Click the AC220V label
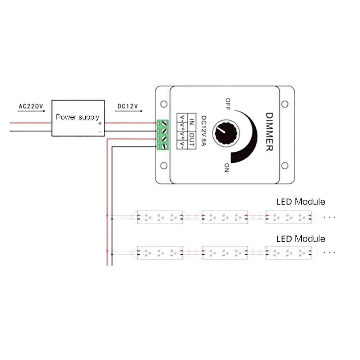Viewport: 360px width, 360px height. (x=31, y=106)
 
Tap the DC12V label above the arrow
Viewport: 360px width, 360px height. (x=128, y=106)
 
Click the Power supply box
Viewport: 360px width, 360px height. (x=78, y=118)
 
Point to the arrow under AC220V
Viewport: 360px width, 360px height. (x=32, y=111)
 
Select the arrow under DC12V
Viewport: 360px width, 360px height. (x=128, y=111)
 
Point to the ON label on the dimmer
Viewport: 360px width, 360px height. (x=226, y=167)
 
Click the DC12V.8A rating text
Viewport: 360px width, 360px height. (x=203, y=132)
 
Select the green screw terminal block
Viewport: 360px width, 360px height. (x=163, y=135)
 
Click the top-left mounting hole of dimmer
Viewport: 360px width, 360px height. (x=164, y=104)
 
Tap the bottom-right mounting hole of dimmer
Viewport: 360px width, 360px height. (x=285, y=166)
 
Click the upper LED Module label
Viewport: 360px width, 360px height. (x=301, y=202)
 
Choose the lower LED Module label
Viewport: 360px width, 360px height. (x=301, y=239)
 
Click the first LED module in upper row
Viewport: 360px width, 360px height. (x=160, y=217)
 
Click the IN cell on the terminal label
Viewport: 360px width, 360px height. (x=192, y=122)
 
